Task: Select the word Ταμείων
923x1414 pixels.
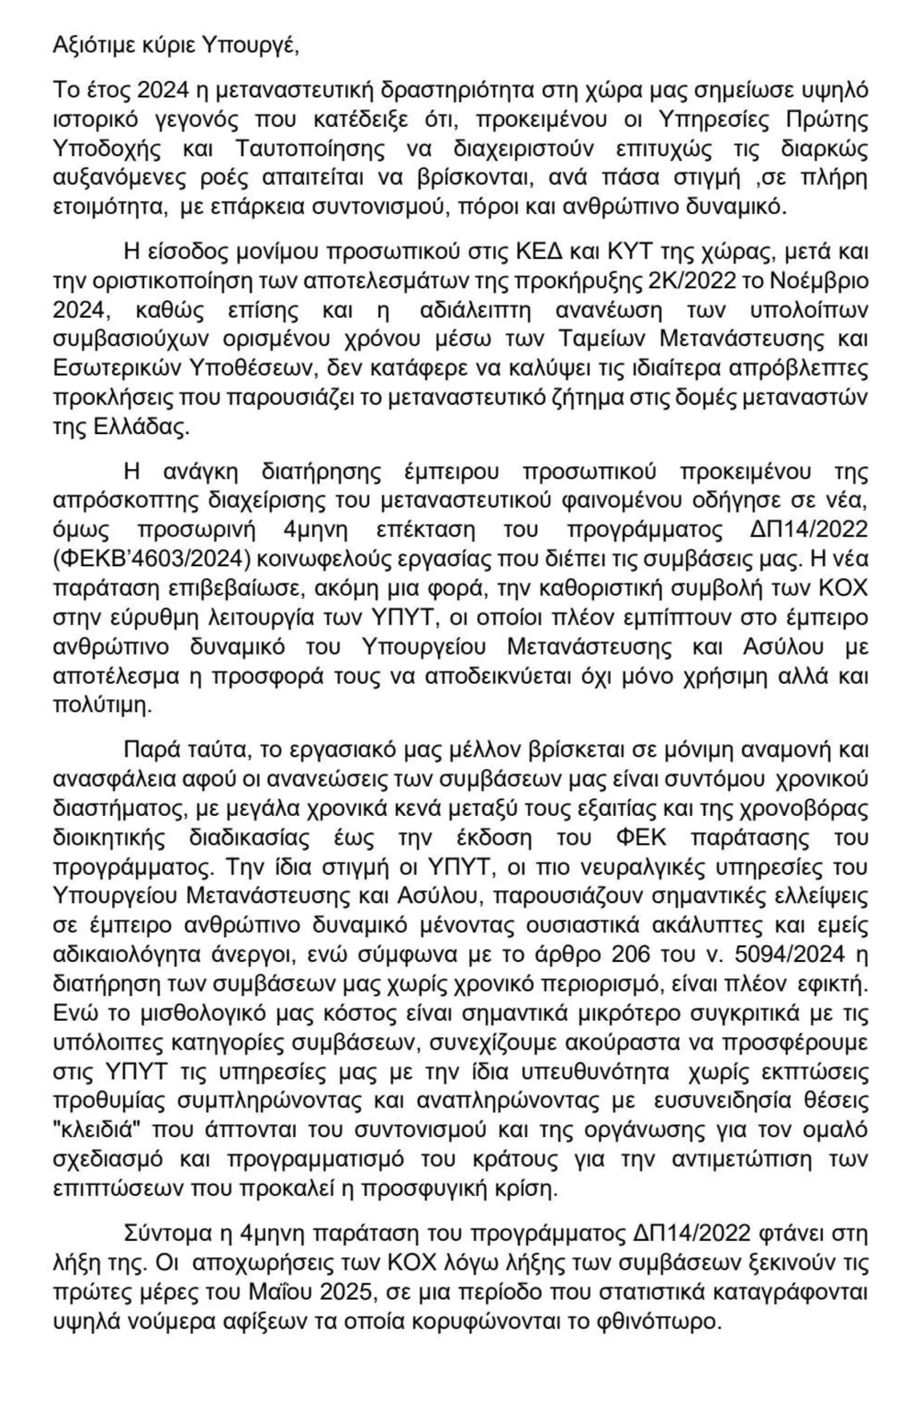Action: pyautogui.click(x=604, y=339)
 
